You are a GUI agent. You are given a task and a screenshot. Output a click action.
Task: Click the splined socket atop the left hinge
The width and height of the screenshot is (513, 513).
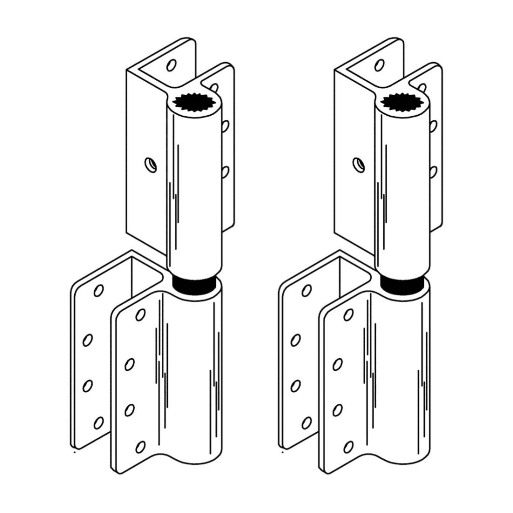click(x=194, y=102)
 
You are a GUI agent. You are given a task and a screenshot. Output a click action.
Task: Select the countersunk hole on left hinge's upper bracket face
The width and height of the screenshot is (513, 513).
click(x=149, y=163)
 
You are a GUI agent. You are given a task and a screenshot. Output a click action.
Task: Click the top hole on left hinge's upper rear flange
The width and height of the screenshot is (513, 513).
click(x=171, y=65)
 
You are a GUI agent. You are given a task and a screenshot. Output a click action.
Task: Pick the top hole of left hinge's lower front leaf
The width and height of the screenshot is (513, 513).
click(x=141, y=315)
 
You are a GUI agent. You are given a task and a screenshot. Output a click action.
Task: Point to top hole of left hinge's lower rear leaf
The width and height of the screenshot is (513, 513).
click(x=98, y=291)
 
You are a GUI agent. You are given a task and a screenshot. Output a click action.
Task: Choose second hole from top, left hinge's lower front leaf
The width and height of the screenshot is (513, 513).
click(x=130, y=364)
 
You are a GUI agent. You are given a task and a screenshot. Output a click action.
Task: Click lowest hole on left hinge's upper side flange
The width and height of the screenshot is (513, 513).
click(x=225, y=172)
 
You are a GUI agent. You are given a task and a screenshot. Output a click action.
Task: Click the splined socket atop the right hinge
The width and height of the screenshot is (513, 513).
click(x=402, y=102)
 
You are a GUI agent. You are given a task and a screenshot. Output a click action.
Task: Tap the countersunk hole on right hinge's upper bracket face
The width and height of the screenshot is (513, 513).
click(x=358, y=163)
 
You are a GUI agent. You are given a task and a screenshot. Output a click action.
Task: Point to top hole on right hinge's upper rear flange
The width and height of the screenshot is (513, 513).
click(x=379, y=65)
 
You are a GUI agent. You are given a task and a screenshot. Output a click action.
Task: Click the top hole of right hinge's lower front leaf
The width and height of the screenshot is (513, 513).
click(x=349, y=315)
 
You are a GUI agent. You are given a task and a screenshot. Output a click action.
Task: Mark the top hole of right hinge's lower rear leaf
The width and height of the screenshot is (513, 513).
click(x=306, y=291)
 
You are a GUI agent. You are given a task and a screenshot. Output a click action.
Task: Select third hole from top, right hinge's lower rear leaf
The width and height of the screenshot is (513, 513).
click(x=296, y=386)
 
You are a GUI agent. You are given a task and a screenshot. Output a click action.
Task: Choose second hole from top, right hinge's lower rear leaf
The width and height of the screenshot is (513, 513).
click(x=296, y=340)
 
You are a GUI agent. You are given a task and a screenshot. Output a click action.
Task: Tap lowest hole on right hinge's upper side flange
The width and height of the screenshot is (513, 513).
click(x=433, y=172)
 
